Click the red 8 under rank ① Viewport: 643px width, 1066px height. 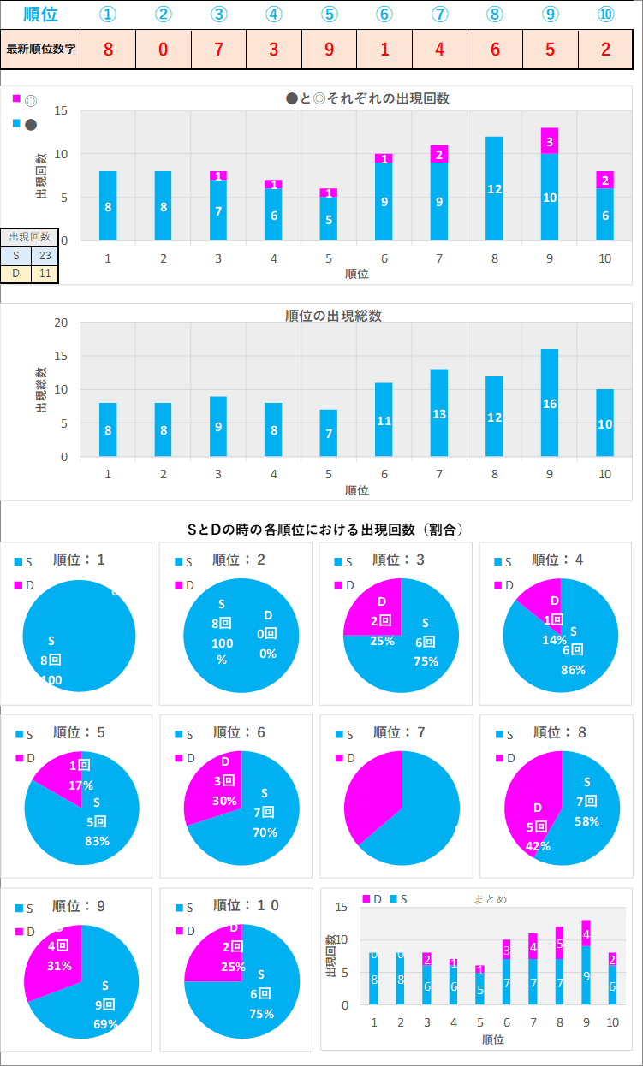[x=108, y=49]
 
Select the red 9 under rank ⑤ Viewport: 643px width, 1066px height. [x=330, y=49]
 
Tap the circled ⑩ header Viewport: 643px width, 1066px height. [x=606, y=15]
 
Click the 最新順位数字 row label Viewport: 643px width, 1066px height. [x=41, y=49]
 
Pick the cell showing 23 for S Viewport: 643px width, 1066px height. [x=45, y=255]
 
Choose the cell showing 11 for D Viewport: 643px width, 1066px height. [x=45, y=274]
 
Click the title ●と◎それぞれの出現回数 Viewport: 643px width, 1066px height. [x=367, y=98]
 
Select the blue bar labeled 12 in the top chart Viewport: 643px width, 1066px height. [x=495, y=188]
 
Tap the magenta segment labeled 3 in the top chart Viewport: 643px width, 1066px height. [x=550, y=141]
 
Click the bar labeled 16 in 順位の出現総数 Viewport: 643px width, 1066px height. [x=550, y=402]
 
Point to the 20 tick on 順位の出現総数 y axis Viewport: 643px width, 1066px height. [x=61, y=323]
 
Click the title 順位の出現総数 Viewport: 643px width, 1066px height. [x=333, y=316]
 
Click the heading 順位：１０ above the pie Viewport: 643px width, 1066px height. [x=246, y=905]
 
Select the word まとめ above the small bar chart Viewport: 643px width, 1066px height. [x=491, y=899]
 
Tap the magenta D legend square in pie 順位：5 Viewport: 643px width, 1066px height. [x=20, y=757]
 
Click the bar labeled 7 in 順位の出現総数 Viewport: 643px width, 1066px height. [x=330, y=433]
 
